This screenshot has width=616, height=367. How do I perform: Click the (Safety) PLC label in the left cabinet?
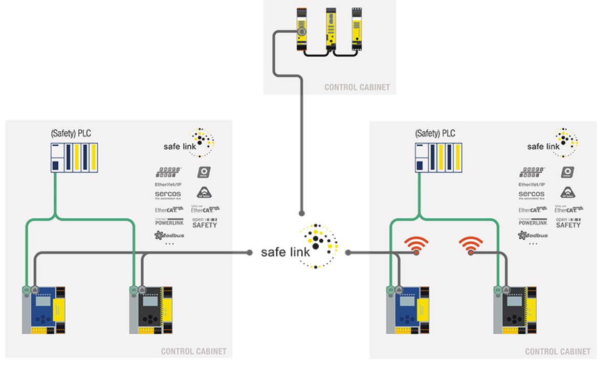pyautogui.click(x=71, y=134)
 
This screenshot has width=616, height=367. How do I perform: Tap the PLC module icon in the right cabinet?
pyautogui.click(x=436, y=158)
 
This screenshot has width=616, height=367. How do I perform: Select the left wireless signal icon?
pyautogui.click(x=416, y=245)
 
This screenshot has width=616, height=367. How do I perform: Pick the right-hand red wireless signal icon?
pyautogui.click(x=471, y=245)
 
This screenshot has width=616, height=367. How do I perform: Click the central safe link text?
pyautogui.click(x=285, y=252)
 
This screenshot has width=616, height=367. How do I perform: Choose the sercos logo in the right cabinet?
pyautogui.click(x=532, y=195)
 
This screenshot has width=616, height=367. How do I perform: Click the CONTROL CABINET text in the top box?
pyautogui.click(x=357, y=87)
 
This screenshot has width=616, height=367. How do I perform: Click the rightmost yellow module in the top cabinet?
pyautogui.click(x=356, y=30)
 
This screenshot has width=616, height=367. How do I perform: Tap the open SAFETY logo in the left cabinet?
pyautogui.click(x=204, y=222)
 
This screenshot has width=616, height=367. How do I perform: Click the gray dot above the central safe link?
pyautogui.click(x=302, y=213)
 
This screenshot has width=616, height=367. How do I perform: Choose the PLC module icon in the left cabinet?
pyautogui.click(x=74, y=158)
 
